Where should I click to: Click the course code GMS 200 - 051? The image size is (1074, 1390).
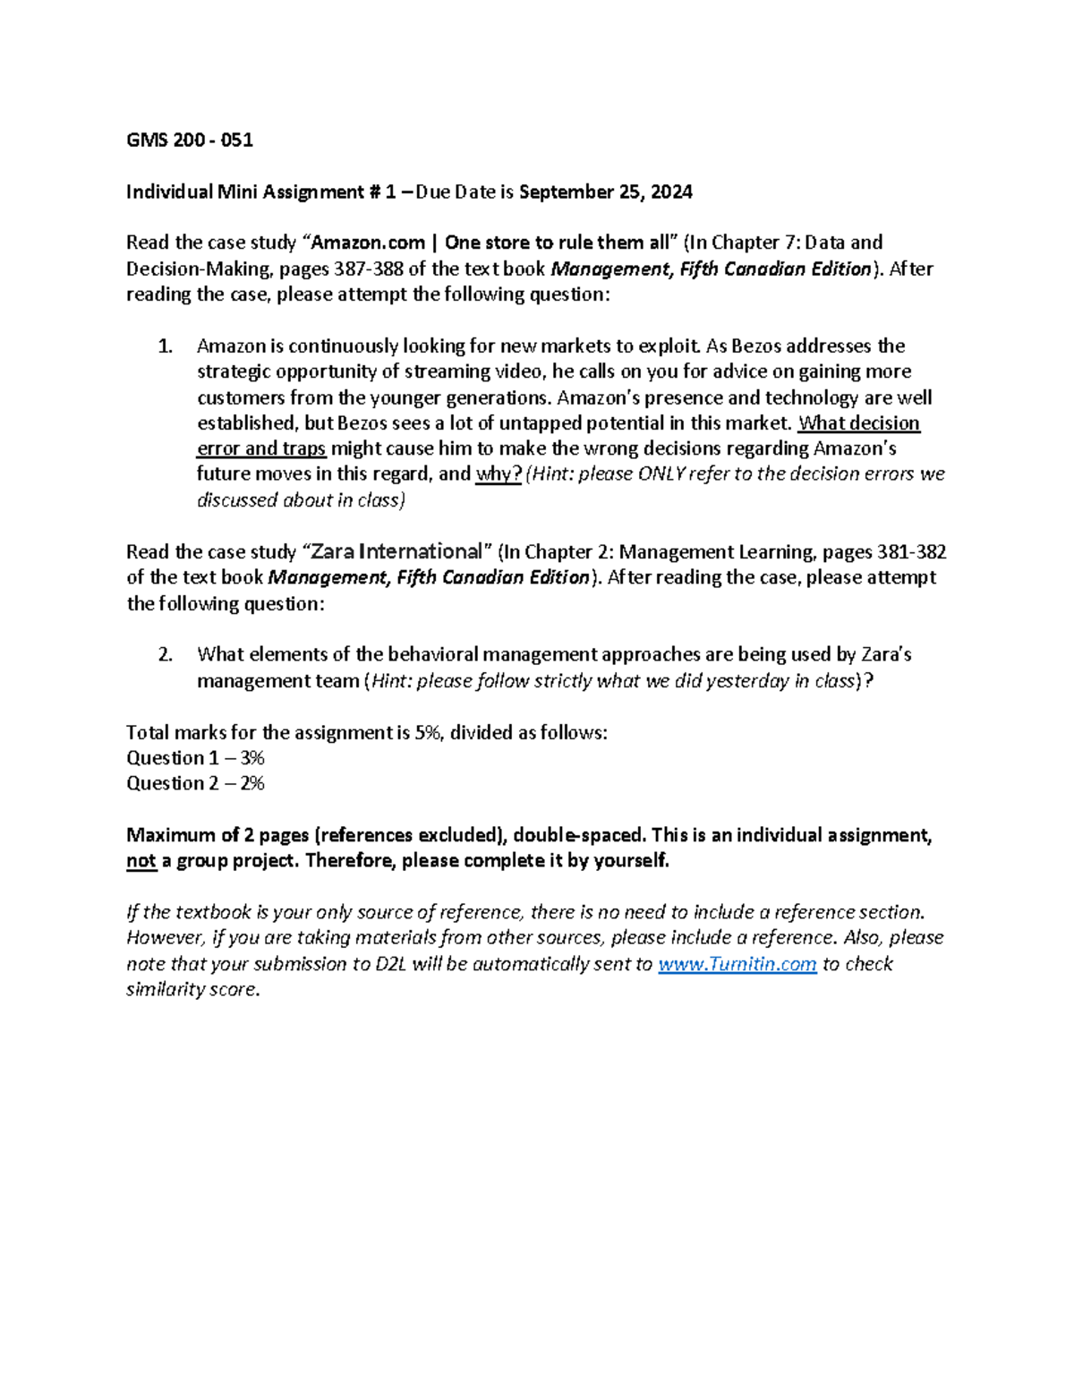tap(189, 140)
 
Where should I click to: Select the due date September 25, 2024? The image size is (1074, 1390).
tap(605, 192)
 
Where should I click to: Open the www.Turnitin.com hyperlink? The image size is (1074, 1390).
tap(737, 964)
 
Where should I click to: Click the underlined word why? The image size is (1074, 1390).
tap(499, 474)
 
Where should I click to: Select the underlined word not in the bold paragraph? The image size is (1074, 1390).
tap(141, 861)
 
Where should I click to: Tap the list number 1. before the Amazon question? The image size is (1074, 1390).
tap(165, 346)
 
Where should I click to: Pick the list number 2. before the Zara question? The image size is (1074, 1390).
tap(165, 655)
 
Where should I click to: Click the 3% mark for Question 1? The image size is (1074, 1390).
tap(251, 758)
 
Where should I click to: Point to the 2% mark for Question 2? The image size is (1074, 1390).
tap(251, 784)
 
